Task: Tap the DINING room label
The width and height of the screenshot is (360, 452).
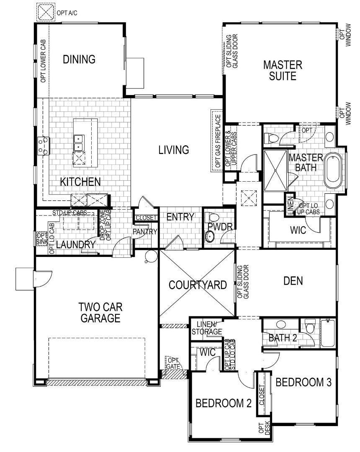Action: point(79,59)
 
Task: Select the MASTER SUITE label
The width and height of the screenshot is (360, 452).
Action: point(283,70)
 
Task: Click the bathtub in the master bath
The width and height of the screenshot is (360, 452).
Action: point(334,170)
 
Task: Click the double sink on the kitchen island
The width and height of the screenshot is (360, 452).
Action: point(78,143)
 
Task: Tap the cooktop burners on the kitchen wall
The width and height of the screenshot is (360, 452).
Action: point(42,146)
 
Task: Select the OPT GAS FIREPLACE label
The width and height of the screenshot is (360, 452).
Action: point(218,141)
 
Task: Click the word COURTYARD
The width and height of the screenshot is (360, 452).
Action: point(198,285)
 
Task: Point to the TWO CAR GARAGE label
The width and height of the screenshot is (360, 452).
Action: point(100,312)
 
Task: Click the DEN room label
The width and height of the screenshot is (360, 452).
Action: point(293,281)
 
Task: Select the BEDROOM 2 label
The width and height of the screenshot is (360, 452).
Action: point(224,403)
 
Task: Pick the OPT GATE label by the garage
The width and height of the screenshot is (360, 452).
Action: point(173,363)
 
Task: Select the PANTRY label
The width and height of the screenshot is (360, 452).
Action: point(145,231)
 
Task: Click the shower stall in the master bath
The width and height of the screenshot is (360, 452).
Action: point(275,170)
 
